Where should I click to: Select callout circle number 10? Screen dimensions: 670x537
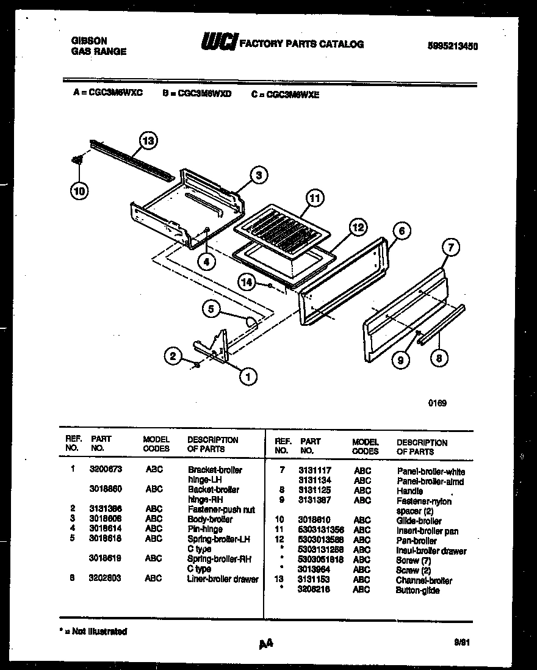[x=79, y=190]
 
